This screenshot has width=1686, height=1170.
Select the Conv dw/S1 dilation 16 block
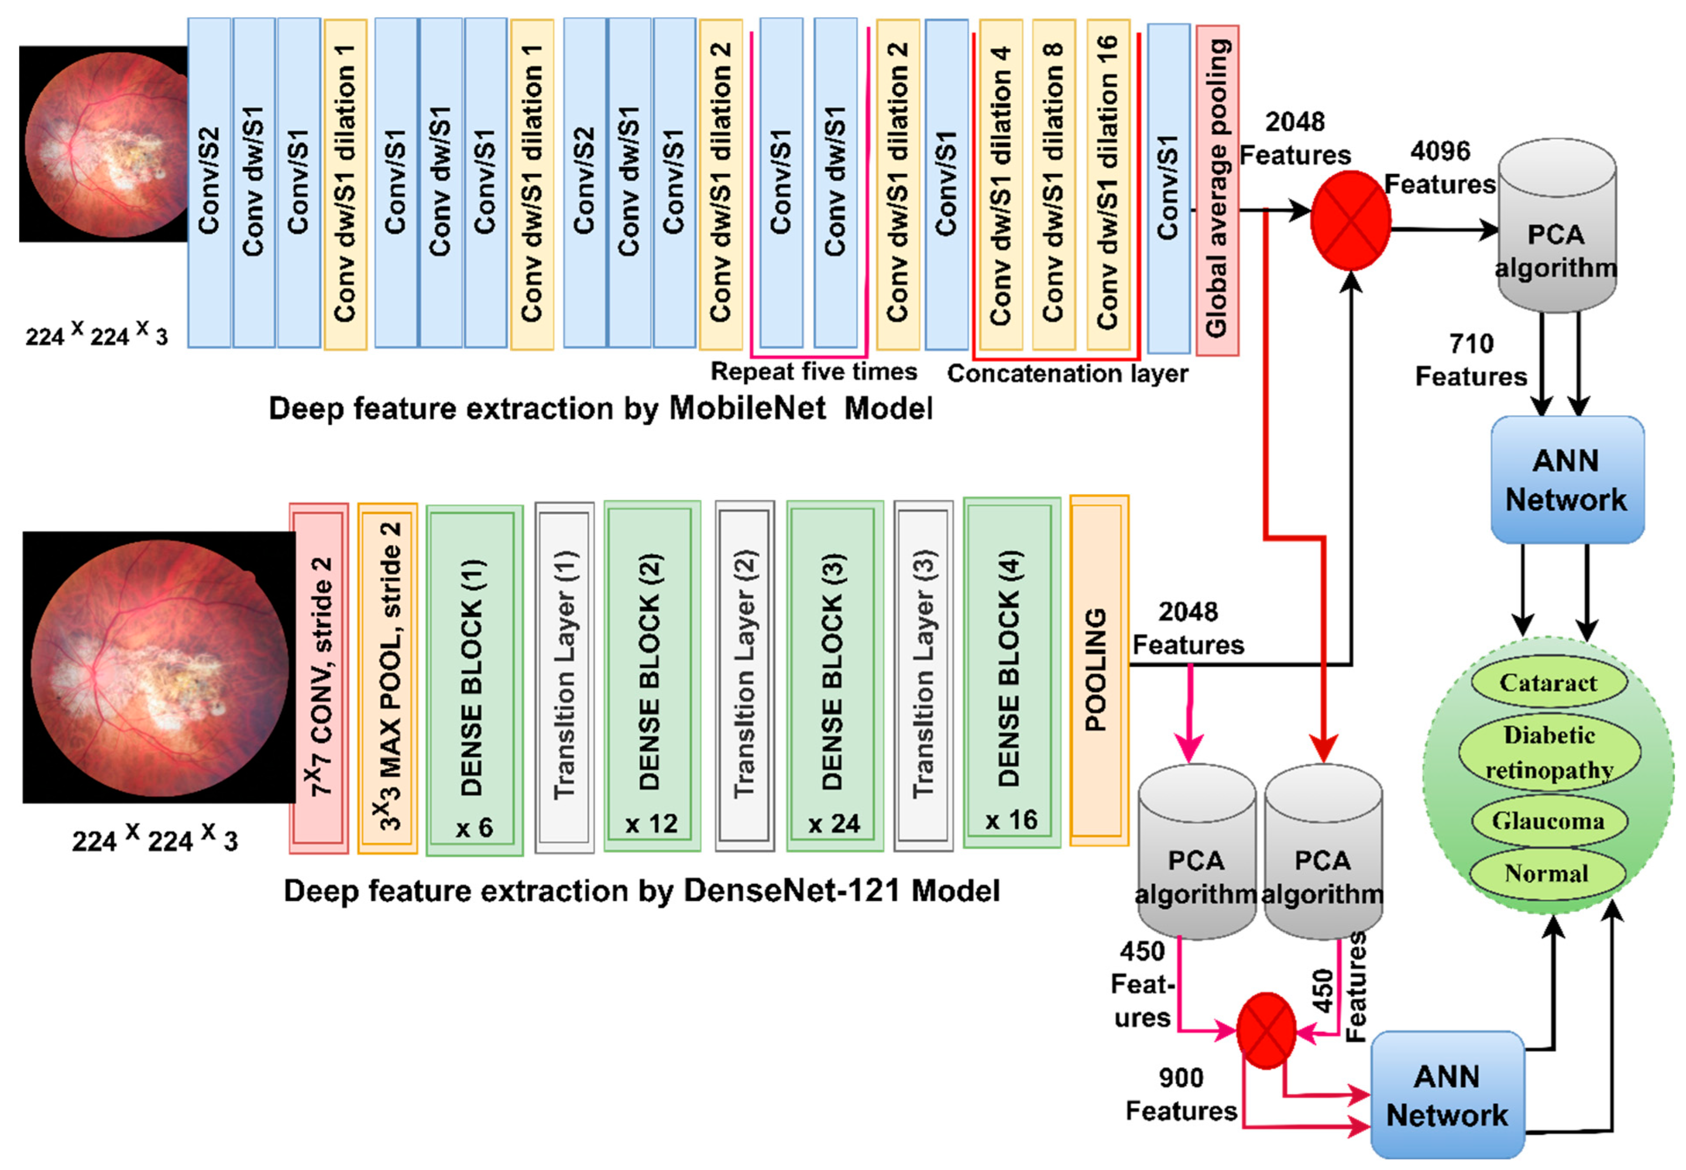(x=1107, y=183)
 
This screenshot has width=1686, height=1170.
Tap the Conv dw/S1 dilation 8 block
(x=1053, y=183)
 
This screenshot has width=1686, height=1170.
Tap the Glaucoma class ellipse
(x=1548, y=820)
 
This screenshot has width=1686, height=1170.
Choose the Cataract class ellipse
(x=1548, y=682)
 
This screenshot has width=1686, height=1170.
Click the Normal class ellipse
(x=1547, y=873)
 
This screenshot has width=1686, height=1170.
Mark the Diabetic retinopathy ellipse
(x=1548, y=752)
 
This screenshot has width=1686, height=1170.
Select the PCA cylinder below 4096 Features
(x=1556, y=227)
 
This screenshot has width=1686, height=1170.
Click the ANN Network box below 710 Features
(x=1567, y=479)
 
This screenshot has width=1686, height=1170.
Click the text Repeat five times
(x=813, y=371)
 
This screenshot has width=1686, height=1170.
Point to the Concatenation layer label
(x=1067, y=373)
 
